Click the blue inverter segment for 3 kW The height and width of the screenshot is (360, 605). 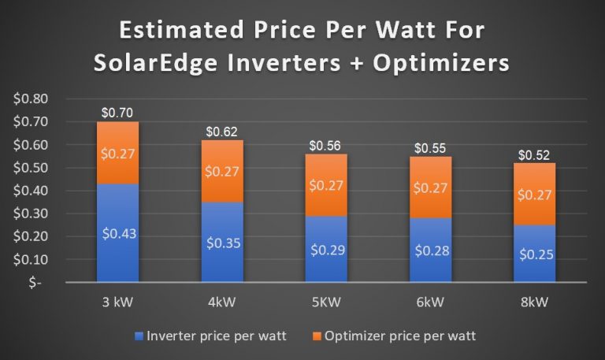pyautogui.click(x=117, y=232)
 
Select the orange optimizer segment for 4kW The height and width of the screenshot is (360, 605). pyautogui.click(x=222, y=171)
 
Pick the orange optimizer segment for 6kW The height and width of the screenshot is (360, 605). pyautogui.click(x=430, y=189)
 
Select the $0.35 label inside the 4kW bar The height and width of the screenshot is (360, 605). pyautogui.click(x=222, y=243)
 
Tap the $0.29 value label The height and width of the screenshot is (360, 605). pyautogui.click(x=326, y=250)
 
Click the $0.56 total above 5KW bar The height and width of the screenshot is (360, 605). pyautogui.click(x=326, y=147)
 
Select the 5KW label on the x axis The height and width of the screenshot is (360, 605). pyautogui.click(x=326, y=303)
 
